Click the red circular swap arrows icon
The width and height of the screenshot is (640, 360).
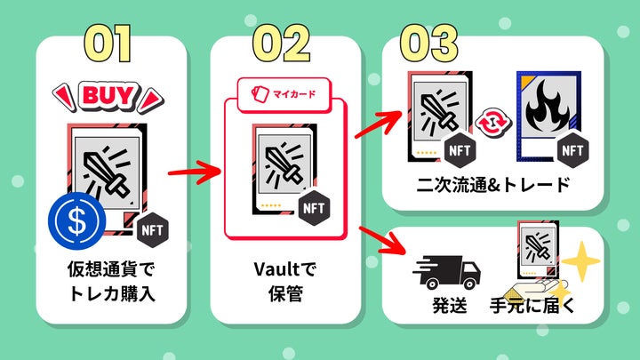(x=490, y=123)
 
